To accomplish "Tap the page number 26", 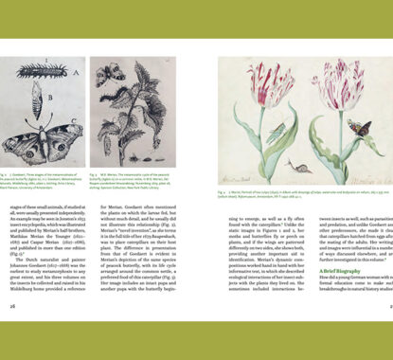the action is [x=14, y=333].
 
